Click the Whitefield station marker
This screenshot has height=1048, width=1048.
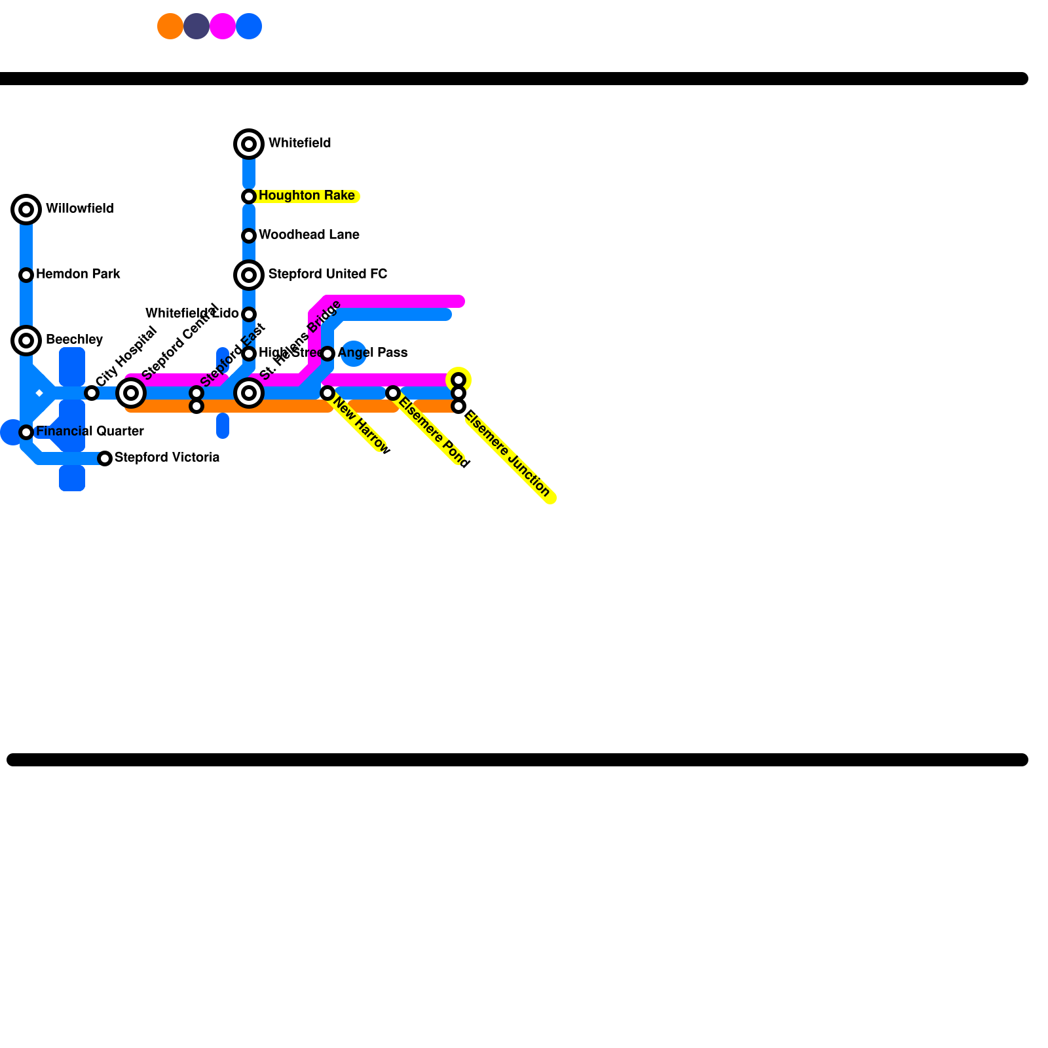(249, 144)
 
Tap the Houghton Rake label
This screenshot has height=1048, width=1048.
(307, 196)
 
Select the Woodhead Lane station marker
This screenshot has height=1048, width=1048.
(249, 236)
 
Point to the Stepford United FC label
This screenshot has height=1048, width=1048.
(327, 274)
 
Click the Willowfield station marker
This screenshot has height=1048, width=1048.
(26, 210)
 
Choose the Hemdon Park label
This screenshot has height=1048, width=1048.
(78, 274)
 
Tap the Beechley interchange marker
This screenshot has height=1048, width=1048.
(26, 341)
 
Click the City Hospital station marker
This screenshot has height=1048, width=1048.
(92, 393)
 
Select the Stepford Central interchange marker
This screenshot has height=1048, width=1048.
(131, 393)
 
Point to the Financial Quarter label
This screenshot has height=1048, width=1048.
(90, 431)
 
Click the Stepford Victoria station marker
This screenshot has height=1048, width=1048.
(105, 458)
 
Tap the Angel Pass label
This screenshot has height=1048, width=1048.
(372, 352)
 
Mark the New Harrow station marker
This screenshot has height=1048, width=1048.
(327, 393)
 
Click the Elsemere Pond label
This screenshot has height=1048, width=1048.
(434, 433)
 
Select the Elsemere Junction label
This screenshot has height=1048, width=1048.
(508, 453)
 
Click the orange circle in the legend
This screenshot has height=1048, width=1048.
(170, 26)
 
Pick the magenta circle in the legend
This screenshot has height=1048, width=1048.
(223, 26)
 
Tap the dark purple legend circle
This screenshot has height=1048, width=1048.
(196, 26)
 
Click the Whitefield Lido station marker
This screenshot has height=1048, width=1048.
(249, 314)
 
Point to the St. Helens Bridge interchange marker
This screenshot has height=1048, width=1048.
(249, 393)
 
